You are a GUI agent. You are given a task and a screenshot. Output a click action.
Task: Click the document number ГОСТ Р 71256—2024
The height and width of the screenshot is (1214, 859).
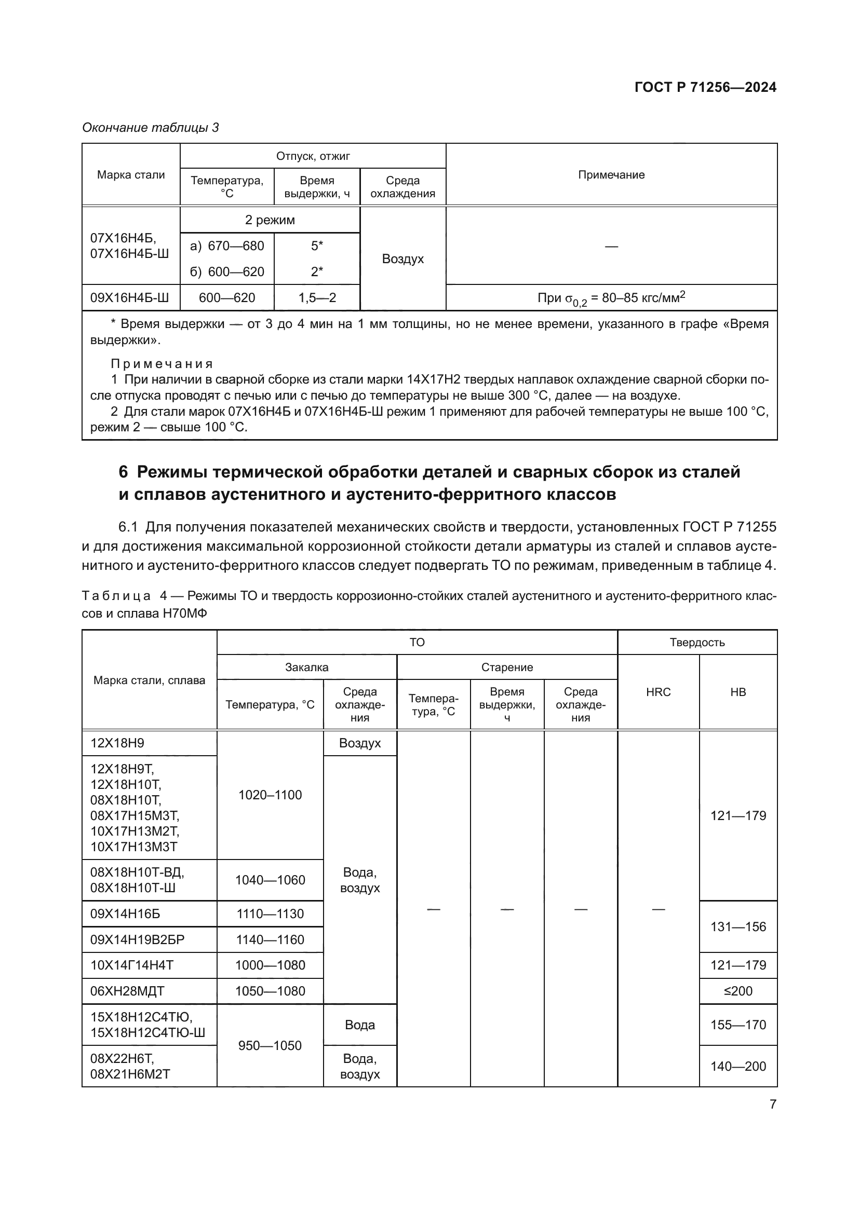pos(705,88)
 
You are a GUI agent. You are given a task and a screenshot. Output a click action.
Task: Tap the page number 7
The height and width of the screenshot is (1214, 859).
pos(773,1104)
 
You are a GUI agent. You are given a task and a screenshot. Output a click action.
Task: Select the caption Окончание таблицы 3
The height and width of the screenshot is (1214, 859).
pos(150,128)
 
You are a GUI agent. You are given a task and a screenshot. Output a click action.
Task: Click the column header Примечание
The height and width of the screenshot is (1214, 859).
pos(611,175)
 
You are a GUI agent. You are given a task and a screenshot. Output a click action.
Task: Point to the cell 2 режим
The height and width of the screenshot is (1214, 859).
pos(270,220)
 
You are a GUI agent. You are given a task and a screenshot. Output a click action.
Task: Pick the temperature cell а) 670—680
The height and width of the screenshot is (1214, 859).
pos(227,246)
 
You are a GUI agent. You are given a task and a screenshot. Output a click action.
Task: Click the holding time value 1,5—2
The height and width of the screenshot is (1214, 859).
pos(317,298)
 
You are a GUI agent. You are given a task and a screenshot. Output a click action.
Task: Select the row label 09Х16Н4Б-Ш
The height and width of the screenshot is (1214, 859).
pos(130,298)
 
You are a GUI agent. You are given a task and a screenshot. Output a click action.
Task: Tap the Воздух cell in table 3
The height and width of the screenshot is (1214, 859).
pos(402,259)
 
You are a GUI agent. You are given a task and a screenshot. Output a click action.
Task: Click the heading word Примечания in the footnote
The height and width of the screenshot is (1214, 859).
pos(162,364)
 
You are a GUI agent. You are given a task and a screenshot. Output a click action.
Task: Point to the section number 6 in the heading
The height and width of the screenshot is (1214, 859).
pos(123,472)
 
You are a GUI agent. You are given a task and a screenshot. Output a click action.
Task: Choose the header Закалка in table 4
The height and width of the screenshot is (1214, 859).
pos(307,667)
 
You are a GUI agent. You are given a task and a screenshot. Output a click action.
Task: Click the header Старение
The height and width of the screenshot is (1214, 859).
pos(507,667)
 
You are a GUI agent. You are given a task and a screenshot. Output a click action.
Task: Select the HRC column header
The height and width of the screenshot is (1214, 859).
pos(658,692)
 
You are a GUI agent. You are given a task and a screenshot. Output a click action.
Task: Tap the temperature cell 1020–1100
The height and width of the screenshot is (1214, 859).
pos(270,795)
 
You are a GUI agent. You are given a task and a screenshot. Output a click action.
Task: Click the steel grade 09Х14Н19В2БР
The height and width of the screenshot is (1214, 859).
pos(138,939)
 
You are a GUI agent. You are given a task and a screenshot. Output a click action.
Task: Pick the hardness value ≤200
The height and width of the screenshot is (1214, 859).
pos(738,991)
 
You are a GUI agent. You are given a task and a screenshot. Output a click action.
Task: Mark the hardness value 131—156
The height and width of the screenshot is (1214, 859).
pos(738,926)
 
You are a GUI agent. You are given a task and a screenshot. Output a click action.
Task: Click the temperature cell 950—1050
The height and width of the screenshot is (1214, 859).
pos(270,1045)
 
